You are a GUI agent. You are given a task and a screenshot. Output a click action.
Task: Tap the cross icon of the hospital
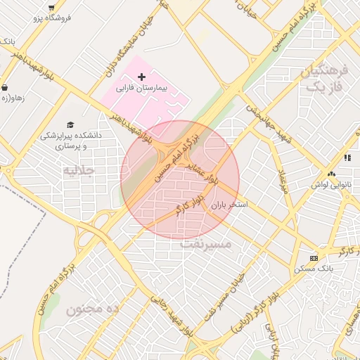point(142,76)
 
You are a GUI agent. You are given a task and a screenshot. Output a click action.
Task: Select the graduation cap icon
point(70,124)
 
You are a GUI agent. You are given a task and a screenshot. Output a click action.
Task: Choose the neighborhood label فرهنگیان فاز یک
point(324,79)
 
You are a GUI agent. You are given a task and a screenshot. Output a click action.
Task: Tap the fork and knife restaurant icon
point(348,159)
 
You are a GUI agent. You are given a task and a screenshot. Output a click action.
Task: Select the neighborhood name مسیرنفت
point(206,244)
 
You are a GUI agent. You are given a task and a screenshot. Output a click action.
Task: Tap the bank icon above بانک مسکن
point(314,258)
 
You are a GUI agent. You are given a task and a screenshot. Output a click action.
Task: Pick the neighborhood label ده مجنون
point(94,309)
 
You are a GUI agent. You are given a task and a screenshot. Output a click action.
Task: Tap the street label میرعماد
point(281,181)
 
